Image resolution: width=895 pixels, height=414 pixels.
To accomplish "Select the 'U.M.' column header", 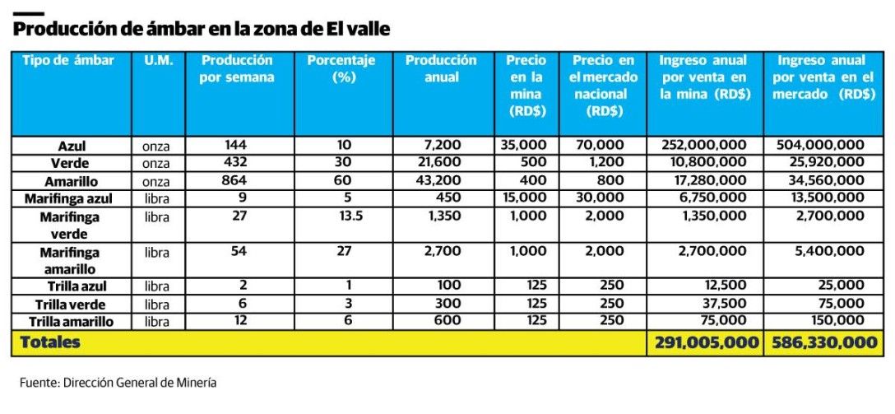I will click(158, 61).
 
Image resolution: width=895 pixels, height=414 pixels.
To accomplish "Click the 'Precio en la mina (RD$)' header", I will click(526, 86).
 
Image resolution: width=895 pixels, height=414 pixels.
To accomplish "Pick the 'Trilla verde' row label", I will click(72, 305).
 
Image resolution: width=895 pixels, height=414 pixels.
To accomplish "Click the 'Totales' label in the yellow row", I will click(50, 342).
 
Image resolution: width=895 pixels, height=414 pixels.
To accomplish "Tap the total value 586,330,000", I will click(823, 342).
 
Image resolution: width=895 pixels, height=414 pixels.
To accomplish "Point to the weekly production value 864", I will click(235, 180).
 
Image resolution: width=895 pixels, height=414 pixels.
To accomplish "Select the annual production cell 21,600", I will click(445, 163).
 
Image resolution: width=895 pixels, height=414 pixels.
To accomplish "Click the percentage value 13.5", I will click(344, 216).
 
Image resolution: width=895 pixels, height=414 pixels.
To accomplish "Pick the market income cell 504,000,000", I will click(820, 146).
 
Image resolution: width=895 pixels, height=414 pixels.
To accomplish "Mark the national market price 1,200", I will click(605, 163).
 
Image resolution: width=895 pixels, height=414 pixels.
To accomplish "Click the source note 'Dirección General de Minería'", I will click(141, 383).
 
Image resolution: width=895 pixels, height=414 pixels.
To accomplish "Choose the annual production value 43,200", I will click(445, 180).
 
